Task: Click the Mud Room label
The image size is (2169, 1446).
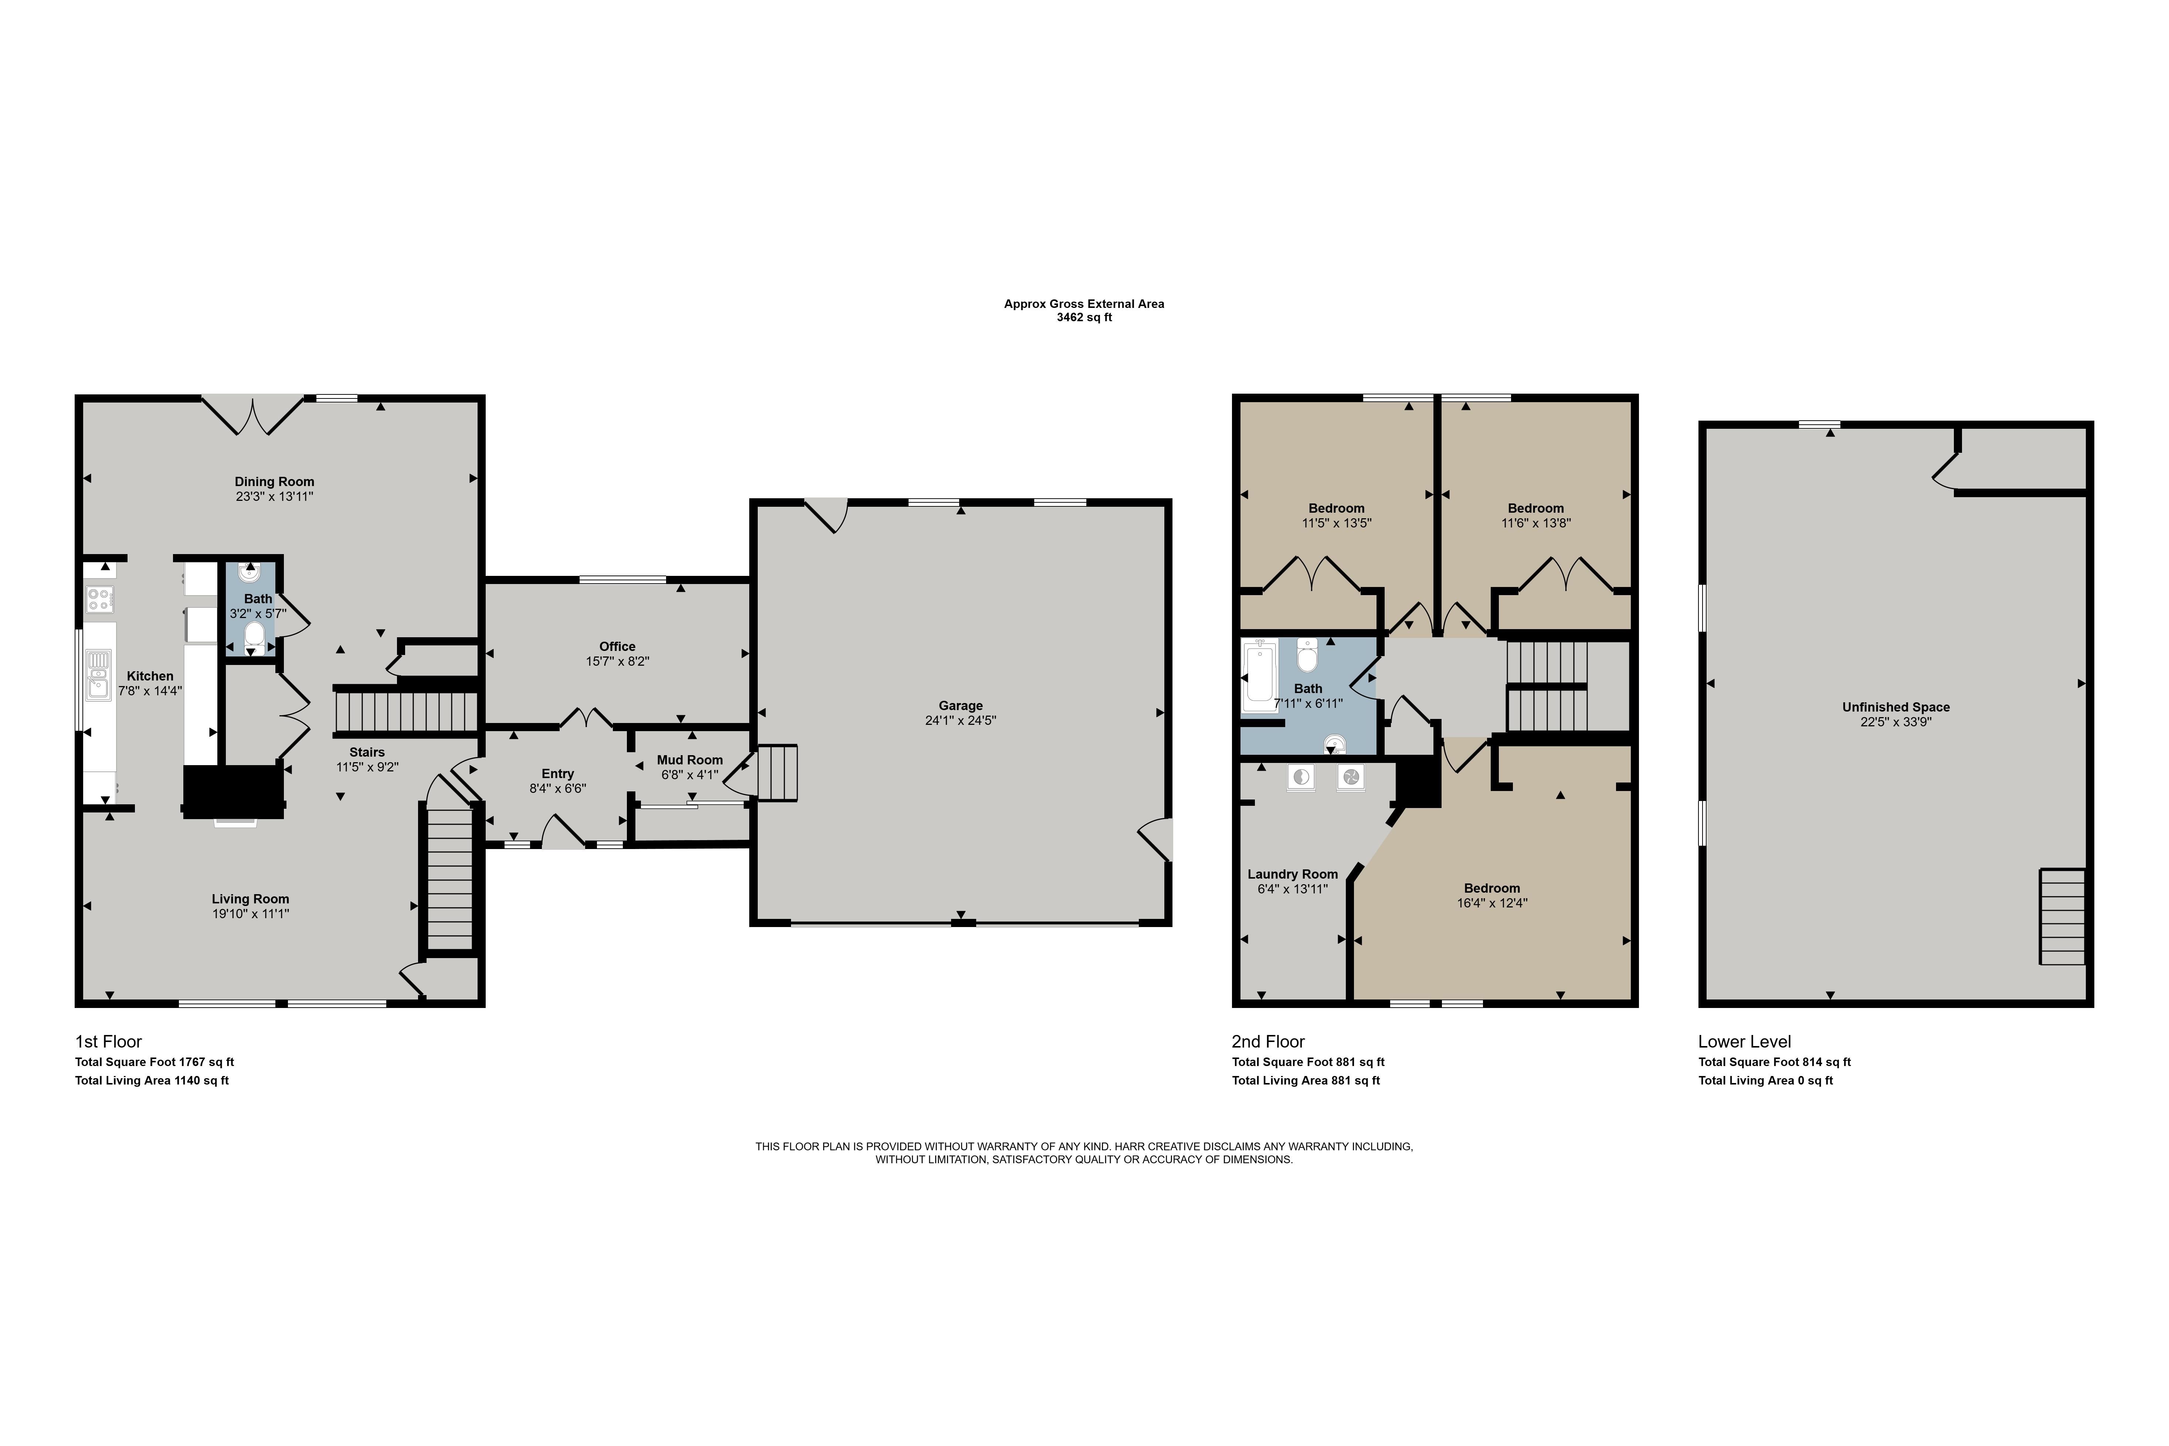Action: [690, 760]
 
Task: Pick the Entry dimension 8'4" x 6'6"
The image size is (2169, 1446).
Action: [558, 788]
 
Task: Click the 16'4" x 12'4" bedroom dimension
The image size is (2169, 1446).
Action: [1492, 903]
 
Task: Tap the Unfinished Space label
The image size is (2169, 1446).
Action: [1896, 707]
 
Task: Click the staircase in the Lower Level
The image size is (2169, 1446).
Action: [2062, 917]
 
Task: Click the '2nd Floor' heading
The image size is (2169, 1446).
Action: [1268, 1041]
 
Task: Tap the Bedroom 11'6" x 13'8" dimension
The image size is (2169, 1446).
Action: [1535, 523]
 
